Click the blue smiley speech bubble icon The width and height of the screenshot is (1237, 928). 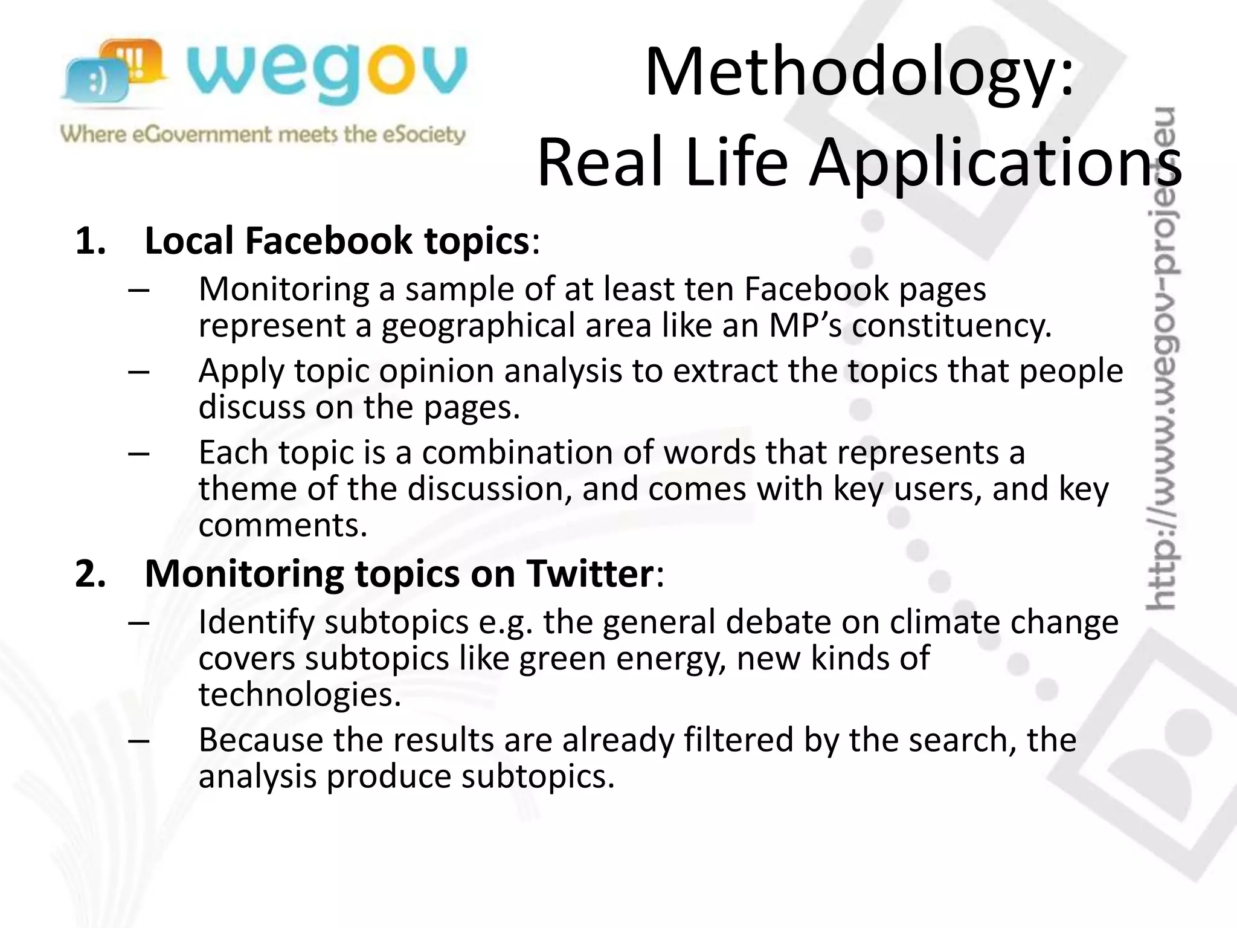[x=97, y=82]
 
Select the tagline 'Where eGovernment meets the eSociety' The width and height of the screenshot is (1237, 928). [x=263, y=134]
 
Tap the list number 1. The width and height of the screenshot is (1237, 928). [x=91, y=241]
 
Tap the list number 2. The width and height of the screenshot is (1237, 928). [x=91, y=573]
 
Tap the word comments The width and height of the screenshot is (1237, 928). [x=282, y=525]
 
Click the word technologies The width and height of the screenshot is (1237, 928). [x=299, y=695]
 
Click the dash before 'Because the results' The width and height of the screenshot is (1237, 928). [x=139, y=740]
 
